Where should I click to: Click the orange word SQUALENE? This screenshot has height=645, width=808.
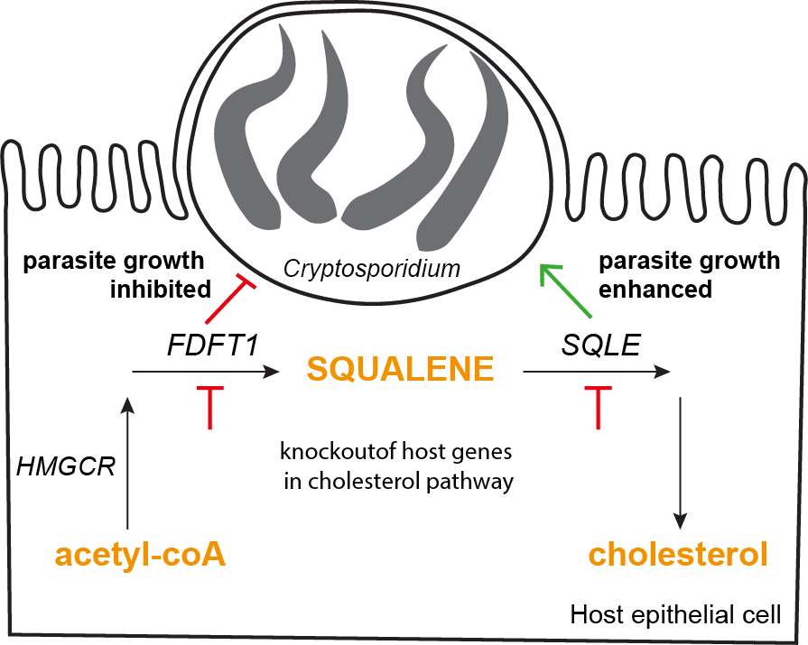[x=400, y=369]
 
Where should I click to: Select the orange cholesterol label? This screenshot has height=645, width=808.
[x=678, y=554]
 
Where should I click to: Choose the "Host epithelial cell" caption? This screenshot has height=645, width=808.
[x=675, y=615]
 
